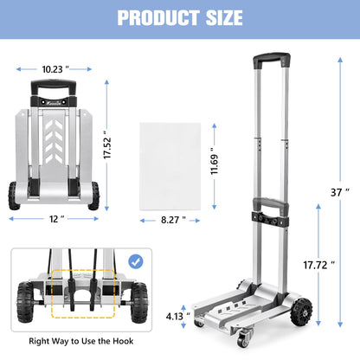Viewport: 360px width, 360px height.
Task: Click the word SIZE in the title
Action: pyautogui.click(x=222, y=18)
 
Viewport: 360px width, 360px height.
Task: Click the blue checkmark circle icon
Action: pyautogui.click(x=134, y=260)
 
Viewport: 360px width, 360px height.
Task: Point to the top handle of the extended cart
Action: pyautogui.click(x=269, y=64)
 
